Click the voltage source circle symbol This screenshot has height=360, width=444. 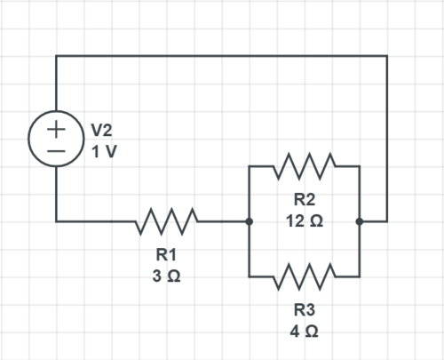click(56, 140)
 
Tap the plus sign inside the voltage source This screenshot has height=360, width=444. click(56, 128)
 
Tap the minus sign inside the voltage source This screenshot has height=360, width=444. click(56, 152)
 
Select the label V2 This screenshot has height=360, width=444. click(102, 131)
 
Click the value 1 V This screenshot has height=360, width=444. click(103, 151)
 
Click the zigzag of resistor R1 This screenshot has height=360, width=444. click(166, 220)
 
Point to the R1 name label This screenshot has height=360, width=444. click(166, 256)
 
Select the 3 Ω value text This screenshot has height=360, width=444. click(166, 276)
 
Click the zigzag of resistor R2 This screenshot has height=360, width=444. click(304, 165)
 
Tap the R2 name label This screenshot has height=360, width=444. click(304, 200)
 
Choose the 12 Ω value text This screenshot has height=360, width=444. click(304, 220)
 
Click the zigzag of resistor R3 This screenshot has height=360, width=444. click(304, 276)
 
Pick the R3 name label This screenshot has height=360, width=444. click(304, 310)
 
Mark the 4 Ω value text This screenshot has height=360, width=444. click(304, 331)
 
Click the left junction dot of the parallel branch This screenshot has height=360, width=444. click(250, 220)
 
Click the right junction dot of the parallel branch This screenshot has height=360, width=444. click(360, 220)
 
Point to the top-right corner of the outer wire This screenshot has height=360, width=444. click(387, 56)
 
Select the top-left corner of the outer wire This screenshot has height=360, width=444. click(56, 56)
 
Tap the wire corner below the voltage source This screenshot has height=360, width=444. click(56, 220)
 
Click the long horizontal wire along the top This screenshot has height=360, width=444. click(222, 56)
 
